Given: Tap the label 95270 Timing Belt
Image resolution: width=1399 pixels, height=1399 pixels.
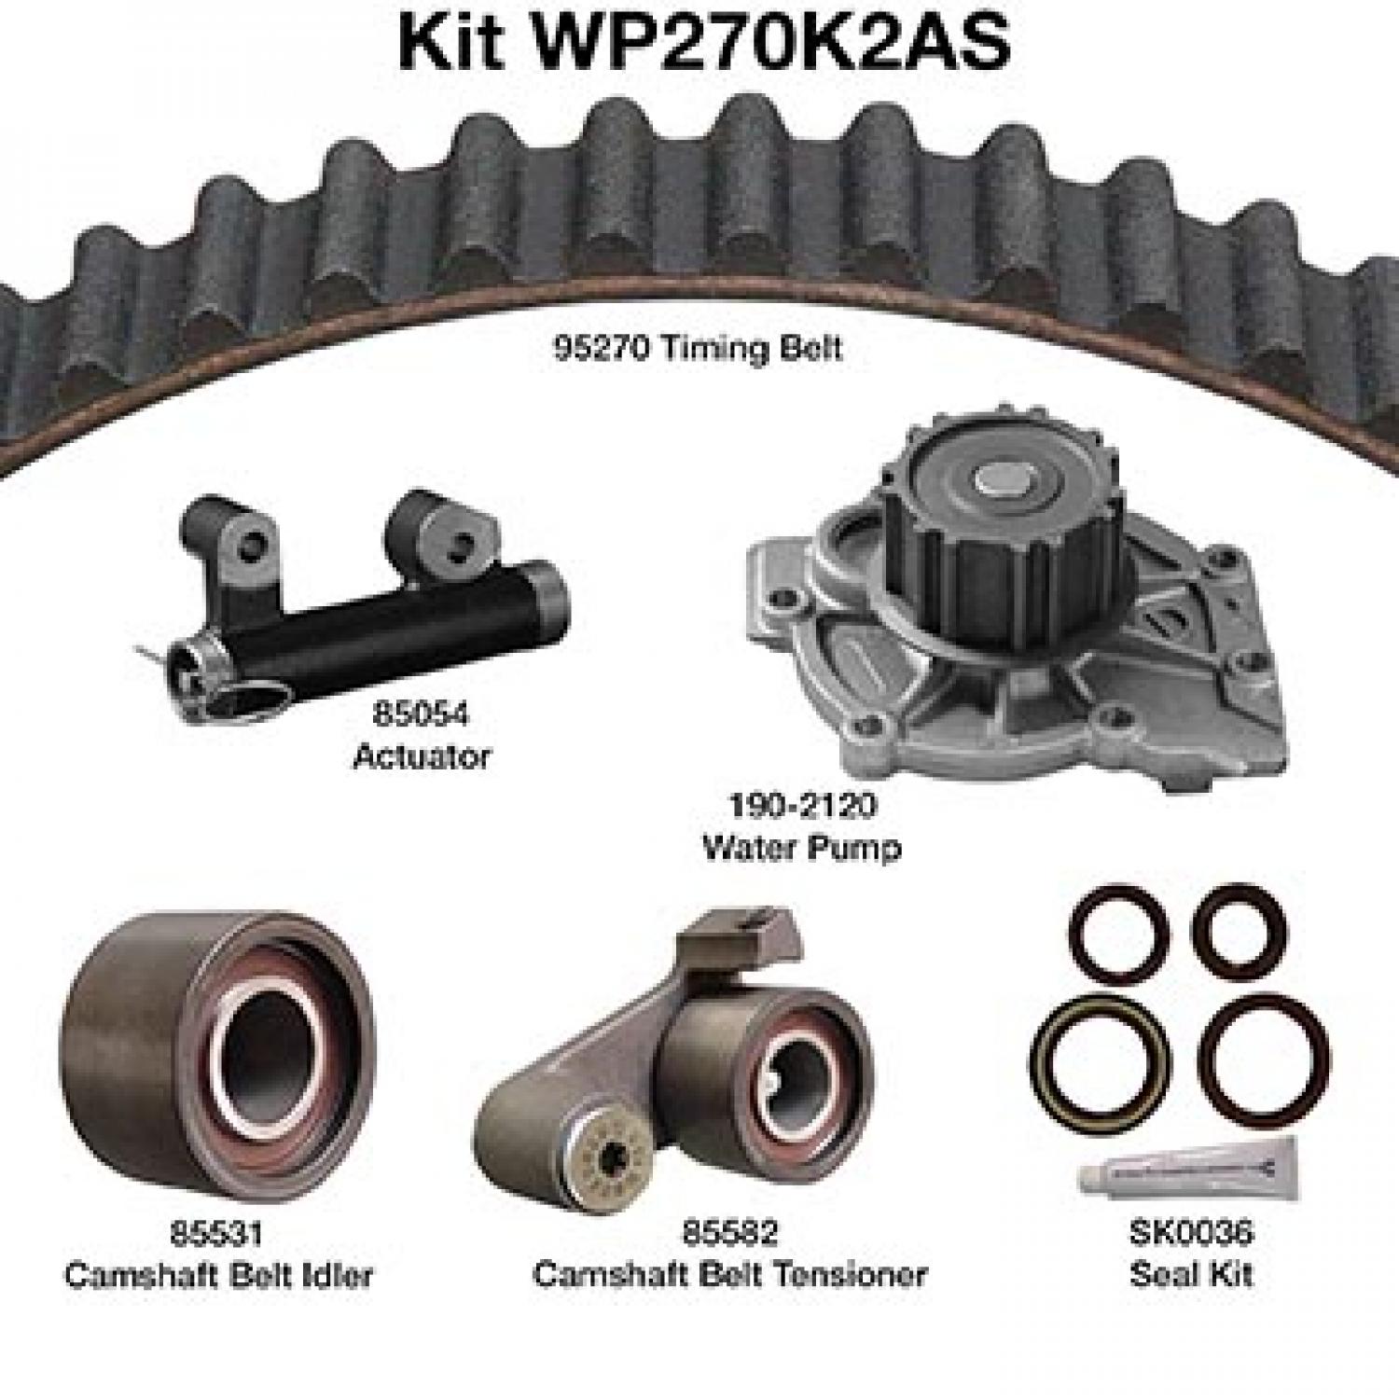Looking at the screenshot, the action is pyautogui.click(x=698, y=349).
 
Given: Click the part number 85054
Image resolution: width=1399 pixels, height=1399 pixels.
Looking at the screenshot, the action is pyautogui.click(x=421, y=714).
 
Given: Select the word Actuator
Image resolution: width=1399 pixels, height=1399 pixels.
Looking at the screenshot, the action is pyautogui.click(x=422, y=756).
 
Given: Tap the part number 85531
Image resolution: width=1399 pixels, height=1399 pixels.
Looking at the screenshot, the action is pyautogui.click(x=216, y=1233).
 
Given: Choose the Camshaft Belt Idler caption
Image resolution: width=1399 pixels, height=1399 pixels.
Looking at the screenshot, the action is pyautogui.click(x=218, y=1274).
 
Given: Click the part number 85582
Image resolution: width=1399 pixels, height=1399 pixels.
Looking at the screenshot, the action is pyautogui.click(x=729, y=1233).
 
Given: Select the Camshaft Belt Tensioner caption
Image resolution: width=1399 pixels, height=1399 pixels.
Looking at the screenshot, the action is pyautogui.click(x=729, y=1274).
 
